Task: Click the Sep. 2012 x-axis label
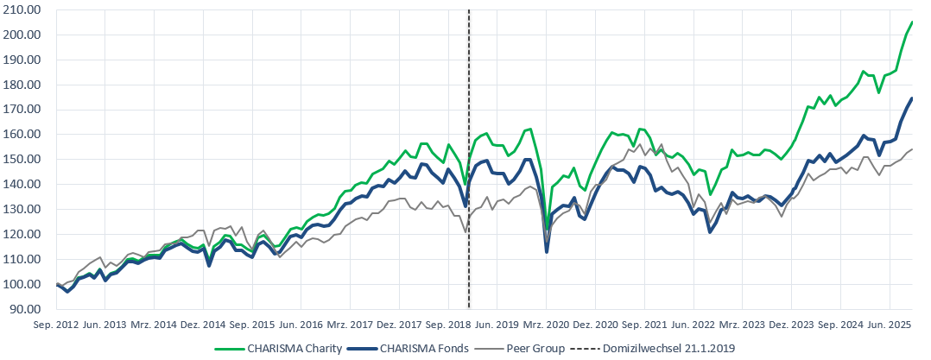pos(57,325)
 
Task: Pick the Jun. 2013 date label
pos(104,325)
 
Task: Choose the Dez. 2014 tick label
pos(203,325)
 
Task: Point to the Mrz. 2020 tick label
pos(547,325)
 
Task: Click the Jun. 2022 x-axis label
pos(693,325)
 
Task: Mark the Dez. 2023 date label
pos(792,325)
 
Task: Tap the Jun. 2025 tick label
pos(890,325)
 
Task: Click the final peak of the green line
pos(913,22)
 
